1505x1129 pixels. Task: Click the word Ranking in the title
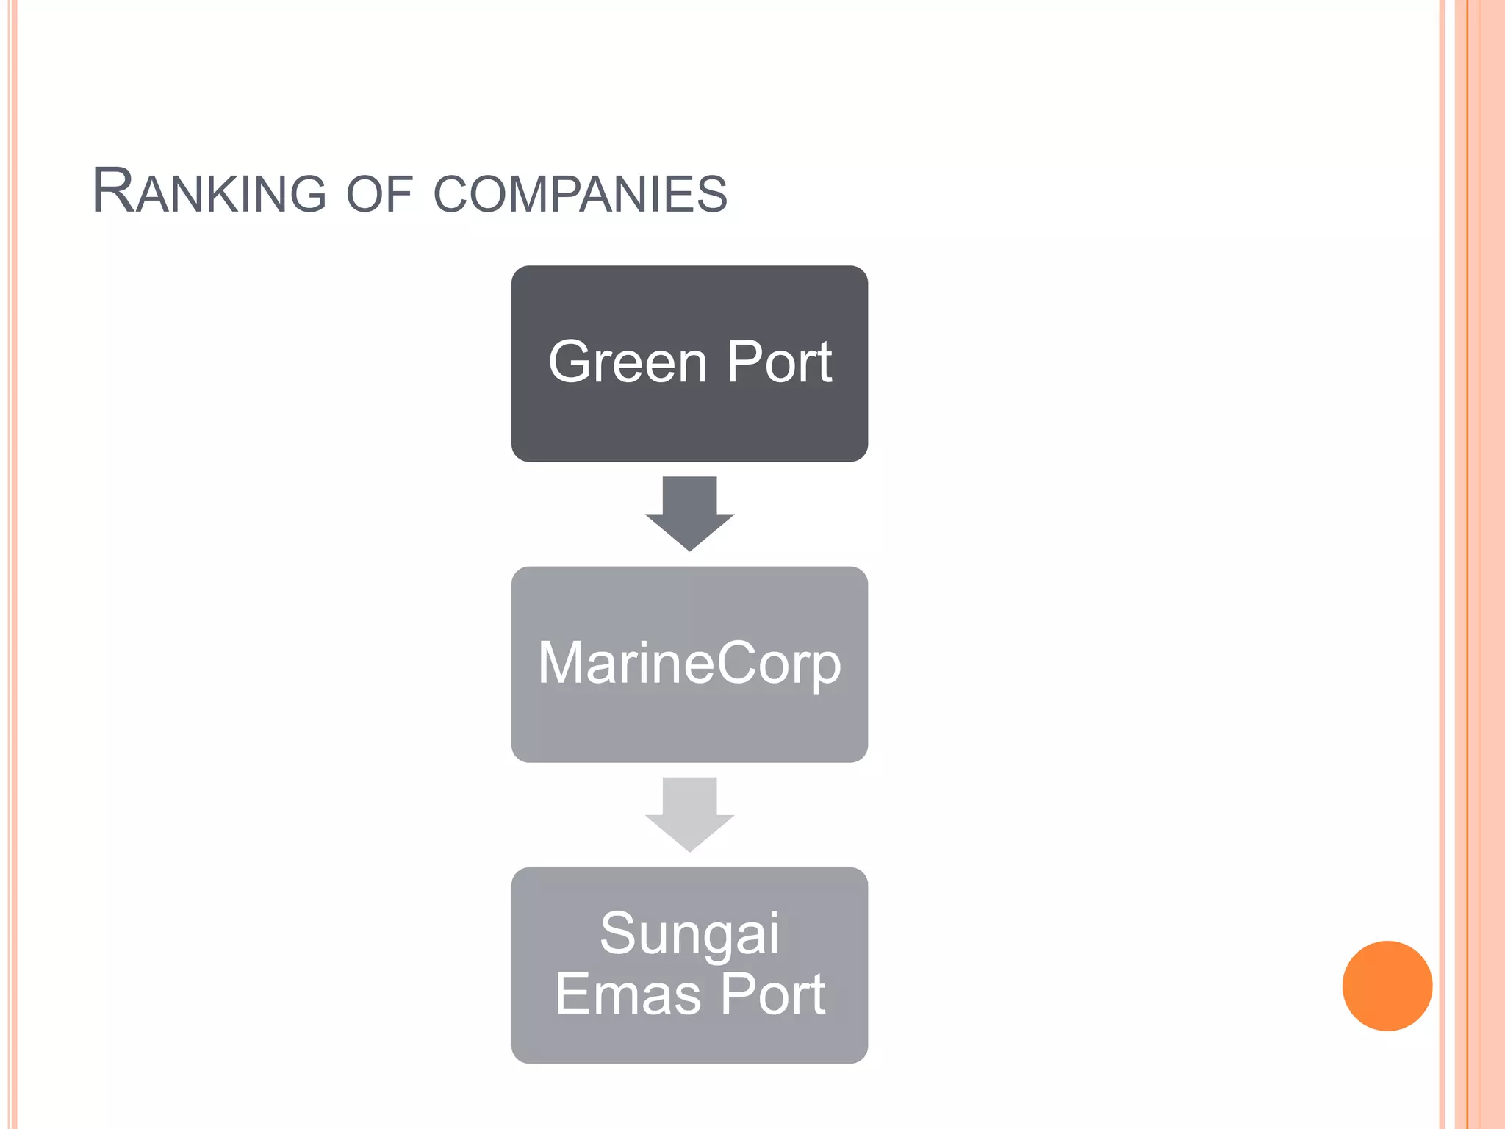tap(209, 193)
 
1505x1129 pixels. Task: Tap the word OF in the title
tap(379, 195)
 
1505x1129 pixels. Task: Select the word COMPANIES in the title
tap(580, 195)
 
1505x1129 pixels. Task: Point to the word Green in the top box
tap(628, 362)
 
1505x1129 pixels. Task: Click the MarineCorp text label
tap(689, 664)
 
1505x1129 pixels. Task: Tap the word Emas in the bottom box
tap(628, 994)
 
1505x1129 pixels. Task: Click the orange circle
tap(1387, 986)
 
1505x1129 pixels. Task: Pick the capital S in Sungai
tap(618, 933)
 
